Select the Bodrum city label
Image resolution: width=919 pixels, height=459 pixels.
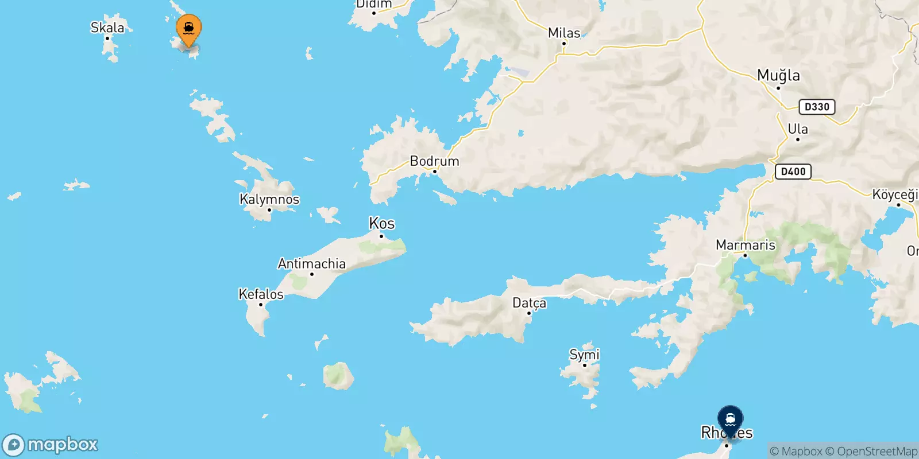point(434,161)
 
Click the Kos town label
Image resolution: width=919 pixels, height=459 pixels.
point(382,223)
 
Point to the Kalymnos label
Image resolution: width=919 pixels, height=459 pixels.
point(269,200)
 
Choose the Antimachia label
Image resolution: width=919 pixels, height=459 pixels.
point(312,264)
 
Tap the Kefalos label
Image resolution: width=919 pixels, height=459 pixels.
point(261,294)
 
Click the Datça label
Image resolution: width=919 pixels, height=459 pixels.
point(529,303)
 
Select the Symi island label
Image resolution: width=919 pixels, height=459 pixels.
point(584,355)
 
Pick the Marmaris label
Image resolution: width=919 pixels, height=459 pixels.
point(745,245)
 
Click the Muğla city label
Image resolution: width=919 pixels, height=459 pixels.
point(778,75)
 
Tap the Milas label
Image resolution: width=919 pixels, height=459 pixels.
point(564,33)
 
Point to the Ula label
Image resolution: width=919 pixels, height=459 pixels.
point(797,129)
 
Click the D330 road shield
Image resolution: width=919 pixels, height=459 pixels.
point(817,107)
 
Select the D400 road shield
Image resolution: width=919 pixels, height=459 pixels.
point(793,171)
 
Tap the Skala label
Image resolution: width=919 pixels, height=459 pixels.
point(107,28)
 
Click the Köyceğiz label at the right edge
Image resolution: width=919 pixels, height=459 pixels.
point(895,195)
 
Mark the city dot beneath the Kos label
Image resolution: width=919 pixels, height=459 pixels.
point(381,236)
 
